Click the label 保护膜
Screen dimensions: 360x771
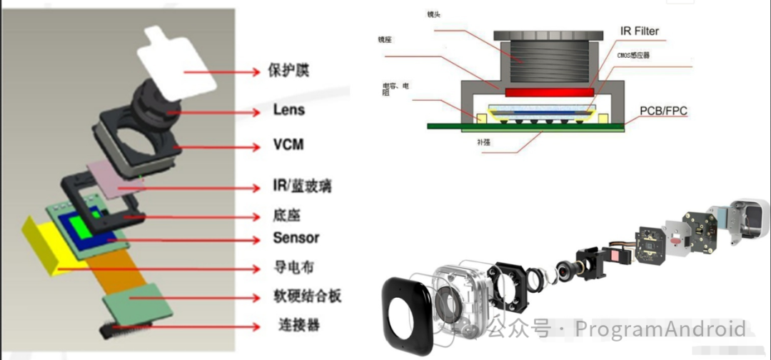point(289,71)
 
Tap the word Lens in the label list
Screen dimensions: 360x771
point(288,110)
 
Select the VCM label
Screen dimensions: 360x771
point(288,145)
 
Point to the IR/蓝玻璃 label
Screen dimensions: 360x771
point(302,187)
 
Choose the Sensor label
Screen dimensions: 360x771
point(296,238)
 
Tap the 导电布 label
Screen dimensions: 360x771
point(293,268)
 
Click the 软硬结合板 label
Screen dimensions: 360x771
point(307,296)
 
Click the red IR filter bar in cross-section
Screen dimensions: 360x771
point(550,92)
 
